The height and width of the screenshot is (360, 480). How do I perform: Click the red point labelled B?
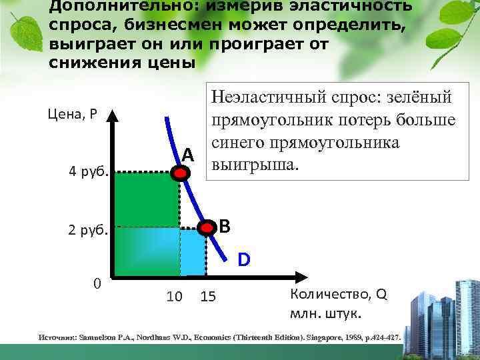[209, 228]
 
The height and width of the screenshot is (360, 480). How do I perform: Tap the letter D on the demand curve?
[245, 259]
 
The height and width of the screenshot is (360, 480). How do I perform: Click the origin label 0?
[97, 283]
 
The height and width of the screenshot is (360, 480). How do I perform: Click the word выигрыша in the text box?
[250, 164]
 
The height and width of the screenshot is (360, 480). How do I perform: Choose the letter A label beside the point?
[188, 155]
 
